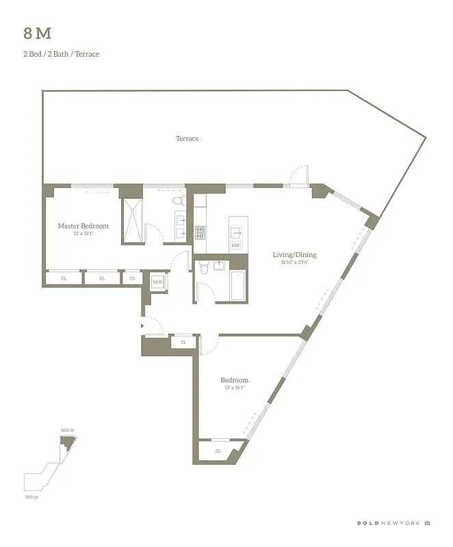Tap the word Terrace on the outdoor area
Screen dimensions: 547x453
click(187, 139)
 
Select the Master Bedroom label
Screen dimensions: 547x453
click(83, 226)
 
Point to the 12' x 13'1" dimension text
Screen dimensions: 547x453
click(83, 234)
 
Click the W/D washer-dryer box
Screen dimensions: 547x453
click(157, 282)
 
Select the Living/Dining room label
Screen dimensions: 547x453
click(294, 255)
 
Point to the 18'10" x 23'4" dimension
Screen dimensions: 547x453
click(294, 263)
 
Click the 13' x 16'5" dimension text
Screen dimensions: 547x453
click(233, 388)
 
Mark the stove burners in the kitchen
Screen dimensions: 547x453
click(200, 232)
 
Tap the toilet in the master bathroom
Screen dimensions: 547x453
click(179, 201)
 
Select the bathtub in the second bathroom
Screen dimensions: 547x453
click(238, 286)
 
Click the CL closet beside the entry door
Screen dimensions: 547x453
click(183, 343)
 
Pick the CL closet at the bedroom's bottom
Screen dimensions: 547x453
click(218, 451)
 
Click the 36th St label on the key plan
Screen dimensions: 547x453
click(66, 430)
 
